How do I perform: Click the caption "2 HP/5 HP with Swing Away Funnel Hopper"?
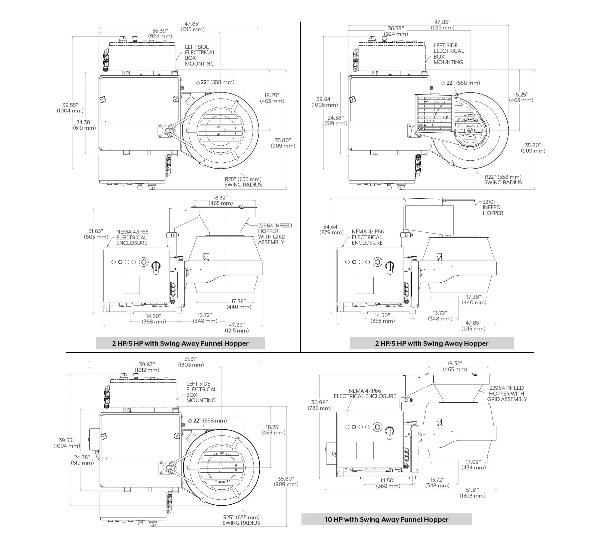180,343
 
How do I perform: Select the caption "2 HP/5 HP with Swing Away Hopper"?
432,343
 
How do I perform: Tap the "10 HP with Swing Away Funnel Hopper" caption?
386,519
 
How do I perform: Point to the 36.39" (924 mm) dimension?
160,33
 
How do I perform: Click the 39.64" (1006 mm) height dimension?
324,102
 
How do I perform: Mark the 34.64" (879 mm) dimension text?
331,229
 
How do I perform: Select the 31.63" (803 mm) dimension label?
96,234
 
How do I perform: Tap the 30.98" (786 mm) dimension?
319,405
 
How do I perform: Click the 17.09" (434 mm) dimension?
473,465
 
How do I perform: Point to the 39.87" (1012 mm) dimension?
147,367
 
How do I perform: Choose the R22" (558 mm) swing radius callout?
503,180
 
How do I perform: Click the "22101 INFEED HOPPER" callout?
493,208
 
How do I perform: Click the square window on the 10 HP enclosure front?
365,450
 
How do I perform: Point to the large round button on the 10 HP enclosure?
377,427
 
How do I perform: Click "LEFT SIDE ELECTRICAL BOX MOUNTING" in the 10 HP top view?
201,392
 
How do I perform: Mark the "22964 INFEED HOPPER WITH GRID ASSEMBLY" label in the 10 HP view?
507,393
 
